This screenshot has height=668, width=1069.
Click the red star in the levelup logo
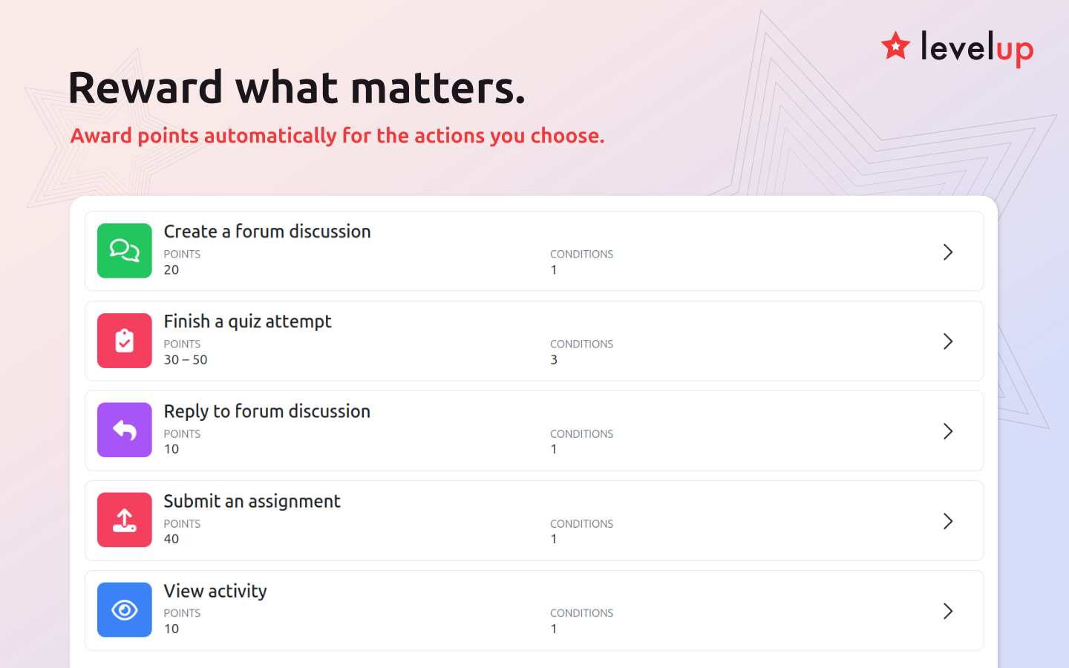895,46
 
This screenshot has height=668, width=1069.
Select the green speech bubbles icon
125,251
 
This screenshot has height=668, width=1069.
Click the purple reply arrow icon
125,430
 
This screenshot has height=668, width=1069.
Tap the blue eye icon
125,610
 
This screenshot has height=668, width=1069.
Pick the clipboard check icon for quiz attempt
125,341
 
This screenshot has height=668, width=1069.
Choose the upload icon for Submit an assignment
125,520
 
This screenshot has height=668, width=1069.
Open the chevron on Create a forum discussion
948,252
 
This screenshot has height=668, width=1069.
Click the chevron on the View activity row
948,612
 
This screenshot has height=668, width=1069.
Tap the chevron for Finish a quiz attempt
948,341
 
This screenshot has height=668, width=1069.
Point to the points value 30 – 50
186,360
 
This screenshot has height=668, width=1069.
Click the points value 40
171,539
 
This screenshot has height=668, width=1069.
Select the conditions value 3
554,360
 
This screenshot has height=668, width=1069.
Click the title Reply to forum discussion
267,412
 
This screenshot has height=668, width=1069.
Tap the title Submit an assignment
252,502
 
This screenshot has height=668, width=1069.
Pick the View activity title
215,592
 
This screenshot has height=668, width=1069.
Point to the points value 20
171,270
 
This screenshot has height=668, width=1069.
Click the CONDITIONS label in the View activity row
582,613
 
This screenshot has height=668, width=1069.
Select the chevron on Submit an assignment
948,522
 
